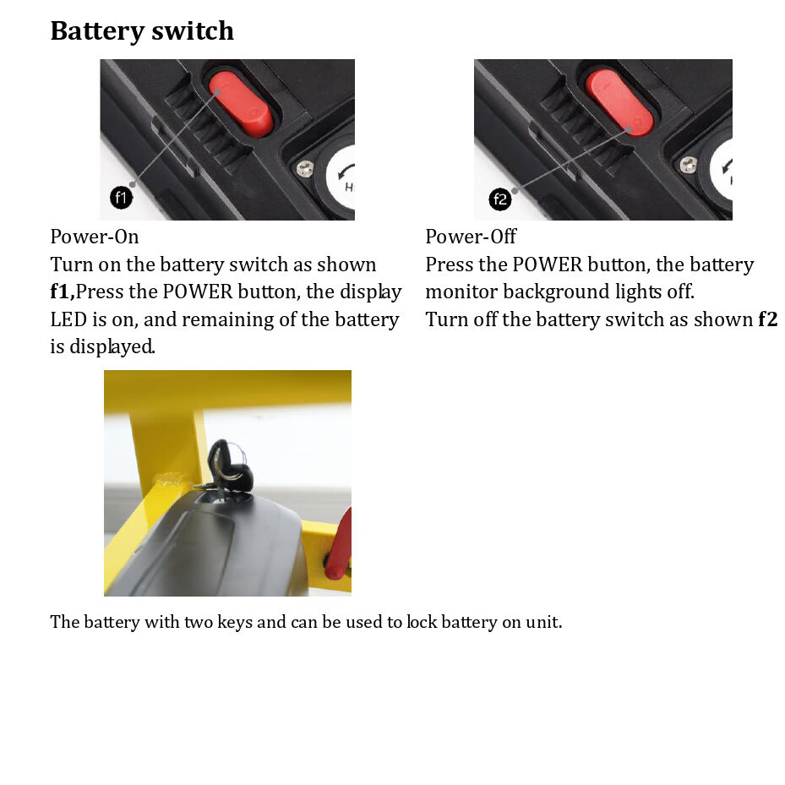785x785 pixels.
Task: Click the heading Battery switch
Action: tap(142, 31)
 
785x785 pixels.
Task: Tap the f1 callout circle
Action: tap(122, 199)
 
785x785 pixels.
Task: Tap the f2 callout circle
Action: tap(500, 199)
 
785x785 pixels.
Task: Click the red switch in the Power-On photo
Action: tap(242, 104)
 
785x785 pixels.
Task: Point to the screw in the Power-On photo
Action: tap(305, 169)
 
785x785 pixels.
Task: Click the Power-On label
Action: tap(95, 237)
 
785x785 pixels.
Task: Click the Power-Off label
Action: tap(471, 237)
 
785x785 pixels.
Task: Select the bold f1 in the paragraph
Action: tap(62, 292)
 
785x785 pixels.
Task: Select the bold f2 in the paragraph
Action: tap(767, 319)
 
